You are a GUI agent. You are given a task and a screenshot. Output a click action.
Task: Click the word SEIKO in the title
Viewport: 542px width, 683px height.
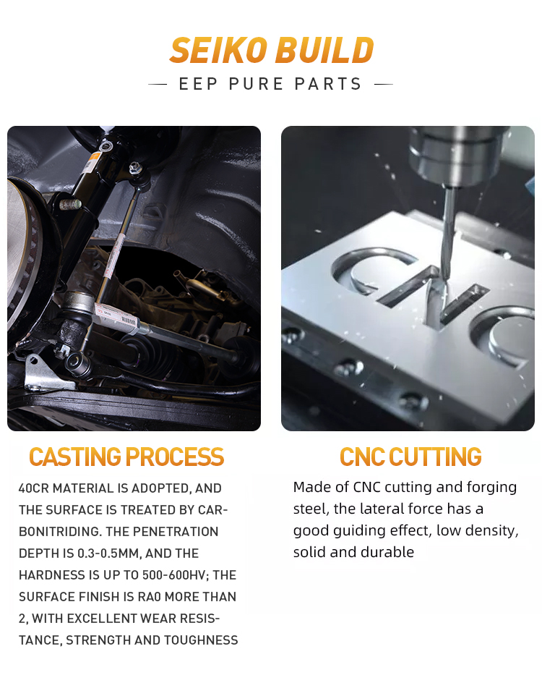218,50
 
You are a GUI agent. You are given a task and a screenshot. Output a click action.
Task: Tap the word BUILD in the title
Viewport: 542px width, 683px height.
324,50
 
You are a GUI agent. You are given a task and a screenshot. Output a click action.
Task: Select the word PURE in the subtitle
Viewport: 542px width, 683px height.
257,84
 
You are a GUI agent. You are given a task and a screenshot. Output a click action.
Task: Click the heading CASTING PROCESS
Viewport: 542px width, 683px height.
126,457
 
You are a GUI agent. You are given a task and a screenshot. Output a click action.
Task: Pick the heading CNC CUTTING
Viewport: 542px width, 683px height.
410,457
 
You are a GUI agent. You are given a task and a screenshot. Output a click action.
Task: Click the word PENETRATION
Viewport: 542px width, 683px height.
176,531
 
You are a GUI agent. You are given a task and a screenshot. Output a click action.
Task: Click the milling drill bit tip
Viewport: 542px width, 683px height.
447,278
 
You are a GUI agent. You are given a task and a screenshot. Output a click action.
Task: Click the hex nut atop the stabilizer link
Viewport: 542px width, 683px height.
136,166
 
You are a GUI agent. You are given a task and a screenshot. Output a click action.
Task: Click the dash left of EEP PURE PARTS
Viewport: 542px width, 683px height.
158,84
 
